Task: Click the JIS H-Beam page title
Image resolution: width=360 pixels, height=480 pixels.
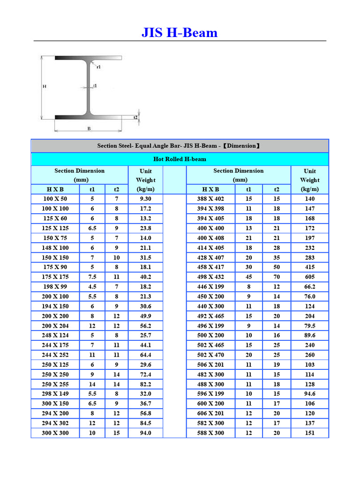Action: click(x=180, y=33)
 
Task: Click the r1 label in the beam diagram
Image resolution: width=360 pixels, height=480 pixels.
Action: click(x=98, y=67)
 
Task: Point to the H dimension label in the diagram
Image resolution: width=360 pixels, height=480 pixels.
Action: click(x=45, y=86)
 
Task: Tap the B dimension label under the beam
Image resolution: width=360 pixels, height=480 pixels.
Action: click(x=89, y=128)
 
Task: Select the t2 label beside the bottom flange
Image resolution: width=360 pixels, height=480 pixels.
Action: click(x=136, y=117)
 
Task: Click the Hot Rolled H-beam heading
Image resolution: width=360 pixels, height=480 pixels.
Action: click(x=180, y=159)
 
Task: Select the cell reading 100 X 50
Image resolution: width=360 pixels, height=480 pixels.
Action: click(x=55, y=199)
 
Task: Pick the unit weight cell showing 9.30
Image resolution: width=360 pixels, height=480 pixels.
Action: click(x=145, y=199)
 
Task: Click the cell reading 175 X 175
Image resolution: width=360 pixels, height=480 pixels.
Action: click(x=55, y=277)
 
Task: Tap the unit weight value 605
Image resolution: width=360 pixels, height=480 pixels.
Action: click(x=309, y=277)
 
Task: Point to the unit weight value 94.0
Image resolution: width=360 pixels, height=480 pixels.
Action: click(x=145, y=433)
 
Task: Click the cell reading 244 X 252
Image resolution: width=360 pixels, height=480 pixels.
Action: click(x=55, y=355)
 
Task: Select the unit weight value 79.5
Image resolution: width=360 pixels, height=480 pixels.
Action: click(x=309, y=326)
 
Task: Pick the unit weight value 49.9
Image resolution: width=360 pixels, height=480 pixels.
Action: click(x=145, y=316)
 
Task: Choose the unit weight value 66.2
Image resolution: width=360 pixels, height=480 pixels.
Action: click(x=309, y=287)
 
